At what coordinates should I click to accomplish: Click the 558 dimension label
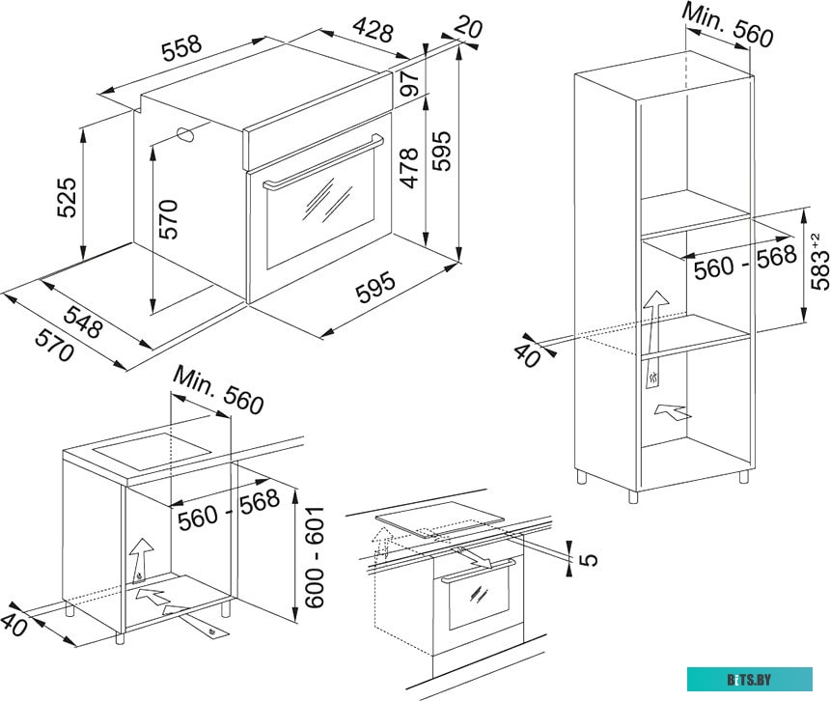pos(181,47)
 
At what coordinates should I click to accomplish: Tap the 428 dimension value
pos(373,30)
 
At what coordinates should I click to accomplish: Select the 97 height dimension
pos(409,83)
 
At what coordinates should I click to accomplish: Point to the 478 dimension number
pos(409,168)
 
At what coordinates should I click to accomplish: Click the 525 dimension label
pos(67,198)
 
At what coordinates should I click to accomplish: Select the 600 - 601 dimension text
pos(315,557)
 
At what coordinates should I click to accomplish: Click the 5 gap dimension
pos(588,559)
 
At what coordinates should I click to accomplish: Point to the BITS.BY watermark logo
pos(750,680)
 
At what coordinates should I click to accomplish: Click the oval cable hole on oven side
pos(185,134)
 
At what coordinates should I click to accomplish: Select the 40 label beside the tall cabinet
pos(528,355)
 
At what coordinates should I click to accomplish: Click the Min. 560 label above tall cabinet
pos(728,24)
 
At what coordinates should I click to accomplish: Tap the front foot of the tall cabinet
pos(633,496)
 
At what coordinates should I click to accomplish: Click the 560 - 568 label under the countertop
pos(228,510)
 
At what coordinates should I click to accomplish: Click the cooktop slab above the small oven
pos(439,519)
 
